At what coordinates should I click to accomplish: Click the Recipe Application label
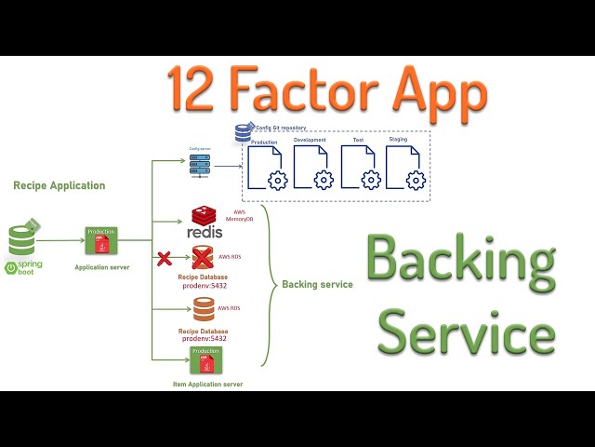pos(59,185)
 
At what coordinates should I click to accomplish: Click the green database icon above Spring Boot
pos(23,237)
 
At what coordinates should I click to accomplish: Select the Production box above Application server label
pos(101,241)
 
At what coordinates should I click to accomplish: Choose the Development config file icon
pos(312,169)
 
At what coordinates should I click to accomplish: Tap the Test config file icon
pos(359,169)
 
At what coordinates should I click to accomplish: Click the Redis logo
pos(205,223)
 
